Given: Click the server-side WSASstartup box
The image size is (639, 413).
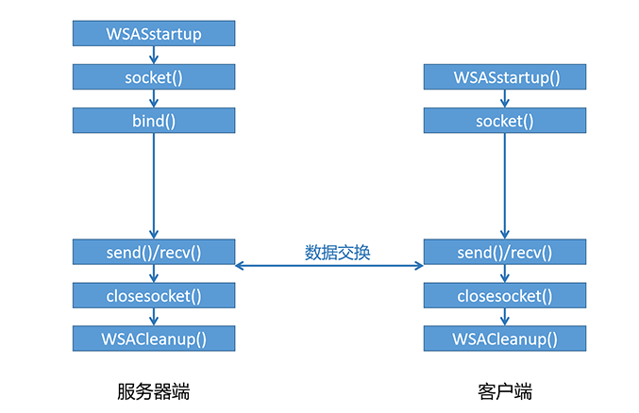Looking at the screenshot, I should pos(153,34).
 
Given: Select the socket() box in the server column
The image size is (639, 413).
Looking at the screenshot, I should pos(153,77).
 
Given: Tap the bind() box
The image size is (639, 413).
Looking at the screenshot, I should pos(153,121).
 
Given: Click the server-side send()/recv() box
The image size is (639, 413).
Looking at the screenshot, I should pos(153,252).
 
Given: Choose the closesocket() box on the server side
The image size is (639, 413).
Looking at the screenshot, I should pos(153,295).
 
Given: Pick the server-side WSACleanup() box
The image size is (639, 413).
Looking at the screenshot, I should pos(153,339).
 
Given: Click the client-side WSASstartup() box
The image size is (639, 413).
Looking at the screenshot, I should pos(504,77).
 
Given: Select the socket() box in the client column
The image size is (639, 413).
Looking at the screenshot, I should pos(504,121).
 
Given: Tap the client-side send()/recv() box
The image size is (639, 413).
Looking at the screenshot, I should pos(504,252).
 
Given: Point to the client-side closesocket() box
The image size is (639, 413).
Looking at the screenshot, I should pos(504,295).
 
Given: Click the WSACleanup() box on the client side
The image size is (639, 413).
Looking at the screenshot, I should pos(504,339).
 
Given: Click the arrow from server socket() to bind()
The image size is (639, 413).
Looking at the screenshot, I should pos(153,99).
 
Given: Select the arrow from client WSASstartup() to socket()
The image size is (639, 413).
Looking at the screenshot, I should pos(504,99).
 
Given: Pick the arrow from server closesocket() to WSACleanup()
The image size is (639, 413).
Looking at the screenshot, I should pos(153,317).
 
